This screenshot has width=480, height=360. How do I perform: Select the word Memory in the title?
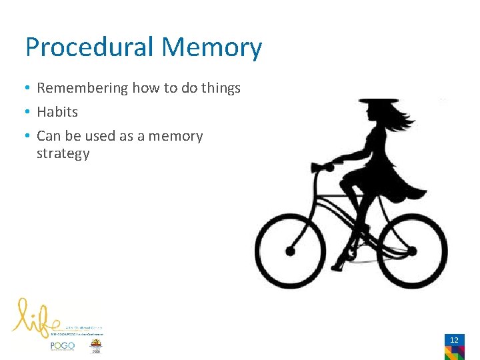[x=212, y=48]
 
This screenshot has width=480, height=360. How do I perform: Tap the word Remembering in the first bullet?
[x=83, y=88]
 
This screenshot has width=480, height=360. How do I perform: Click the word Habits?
[x=57, y=112]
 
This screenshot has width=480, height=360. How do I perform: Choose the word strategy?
[x=63, y=153]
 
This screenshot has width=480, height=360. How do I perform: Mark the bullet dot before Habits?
[x=28, y=112]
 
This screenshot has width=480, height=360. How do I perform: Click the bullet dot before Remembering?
[x=28, y=88]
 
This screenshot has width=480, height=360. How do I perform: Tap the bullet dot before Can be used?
[x=28, y=136]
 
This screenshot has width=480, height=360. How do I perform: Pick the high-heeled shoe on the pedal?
[x=341, y=260]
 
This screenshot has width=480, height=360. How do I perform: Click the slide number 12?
[x=454, y=340]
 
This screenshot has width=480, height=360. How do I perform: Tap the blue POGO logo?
[x=63, y=346]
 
